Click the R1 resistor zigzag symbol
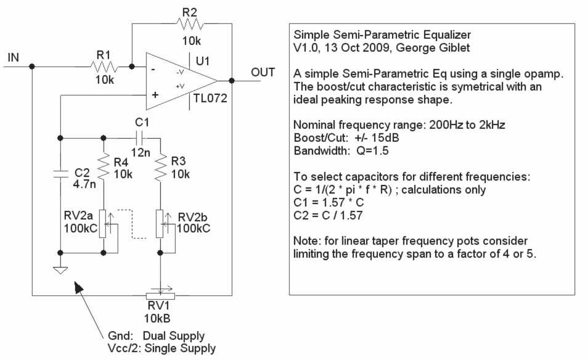click(x=104, y=67)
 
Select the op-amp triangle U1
click(x=182, y=81)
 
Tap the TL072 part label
click(x=210, y=98)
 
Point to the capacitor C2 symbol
click(x=60, y=174)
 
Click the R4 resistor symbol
click(x=104, y=166)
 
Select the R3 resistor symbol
click(x=160, y=167)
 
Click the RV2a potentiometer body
click(x=103, y=224)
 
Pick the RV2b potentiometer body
click(x=160, y=224)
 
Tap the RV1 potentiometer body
click(x=160, y=296)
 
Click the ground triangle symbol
click(x=60, y=271)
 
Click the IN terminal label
click(x=13, y=57)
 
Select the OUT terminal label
click(x=263, y=72)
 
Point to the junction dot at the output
click(x=232, y=81)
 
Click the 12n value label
click(x=141, y=152)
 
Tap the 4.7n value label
click(x=84, y=184)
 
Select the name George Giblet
click(x=433, y=48)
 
